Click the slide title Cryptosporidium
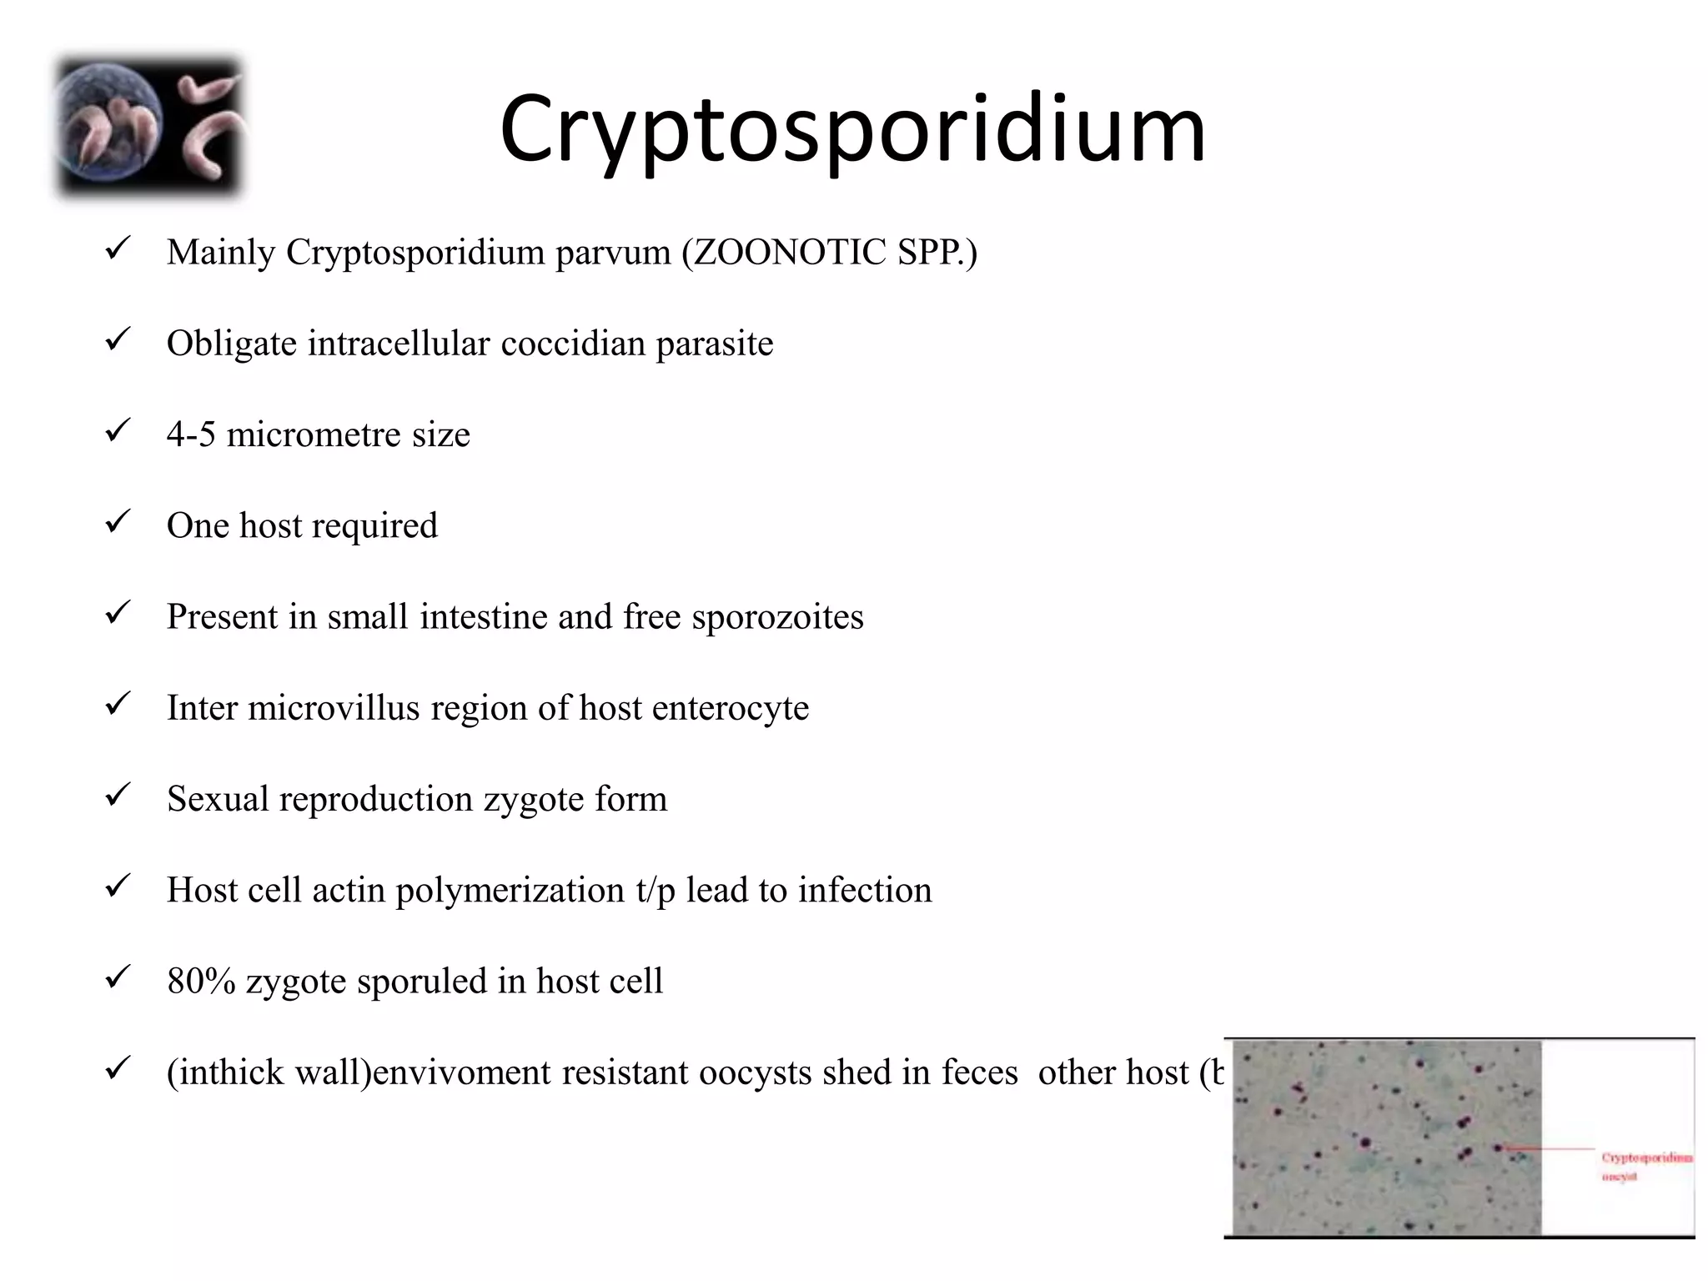(x=852, y=129)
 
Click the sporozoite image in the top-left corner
(x=149, y=128)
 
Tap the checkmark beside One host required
(x=116, y=522)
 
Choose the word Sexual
(x=218, y=799)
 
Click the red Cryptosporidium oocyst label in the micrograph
(x=1646, y=1167)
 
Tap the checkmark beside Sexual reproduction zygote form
(x=116, y=796)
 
